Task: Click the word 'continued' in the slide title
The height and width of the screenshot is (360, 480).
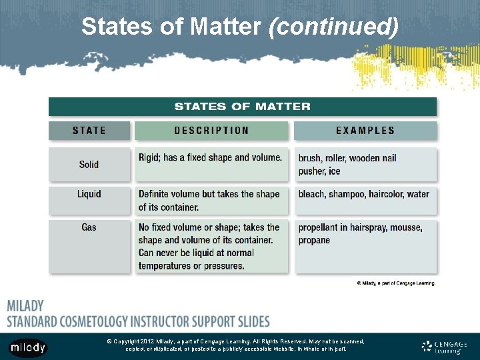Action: (333, 27)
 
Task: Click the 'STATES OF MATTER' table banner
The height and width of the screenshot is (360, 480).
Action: (242, 106)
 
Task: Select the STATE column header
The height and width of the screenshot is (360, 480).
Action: (89, 131)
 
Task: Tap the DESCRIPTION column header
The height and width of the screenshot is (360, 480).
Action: (211, 131)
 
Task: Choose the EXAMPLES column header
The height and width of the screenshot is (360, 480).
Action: (365, 131)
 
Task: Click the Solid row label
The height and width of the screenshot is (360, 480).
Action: (89, 164)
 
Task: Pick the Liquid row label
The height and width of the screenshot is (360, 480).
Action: (89, 194)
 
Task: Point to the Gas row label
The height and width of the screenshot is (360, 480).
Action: (89, 227)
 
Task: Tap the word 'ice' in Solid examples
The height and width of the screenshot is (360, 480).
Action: (334, 171)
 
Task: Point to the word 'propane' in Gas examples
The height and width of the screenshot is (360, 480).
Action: (314, 240)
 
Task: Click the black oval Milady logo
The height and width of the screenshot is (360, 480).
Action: (28, 347)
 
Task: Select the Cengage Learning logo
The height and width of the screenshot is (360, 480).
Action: (443, 347)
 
